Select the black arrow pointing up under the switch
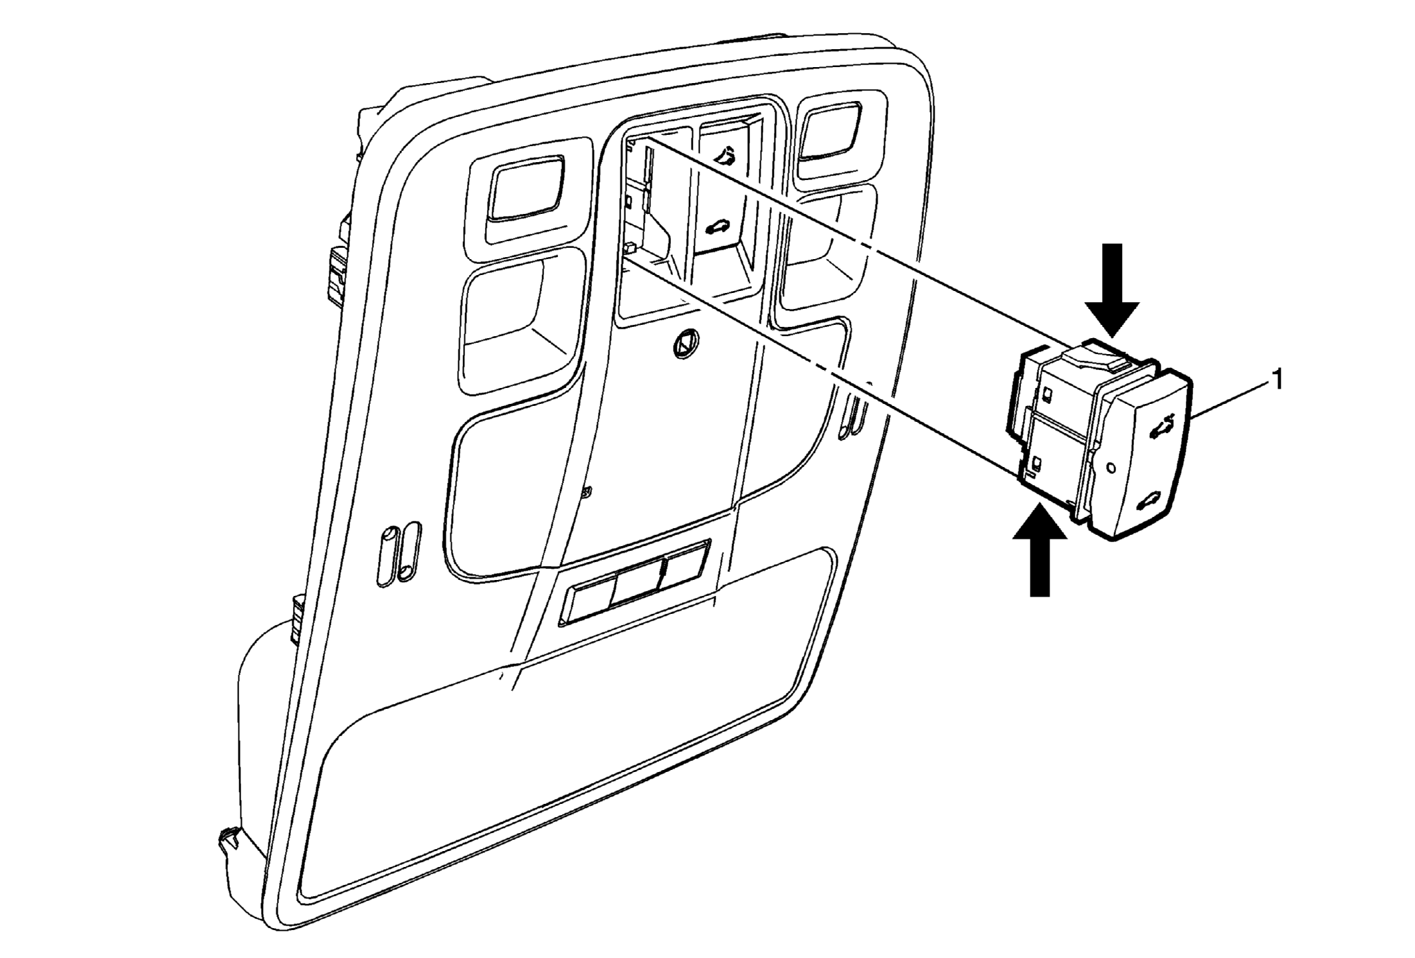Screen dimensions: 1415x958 click(x=1040, y=551)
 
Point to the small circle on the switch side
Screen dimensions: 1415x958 click(x=1110, y=469)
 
